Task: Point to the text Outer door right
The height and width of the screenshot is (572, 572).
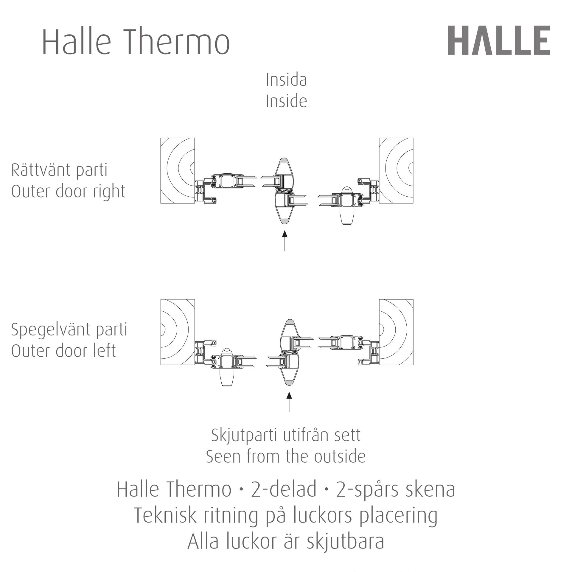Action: pyautogui.click(x=68, y=192)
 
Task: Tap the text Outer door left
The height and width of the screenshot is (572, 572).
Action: pyautogui.click(x=63, y=351)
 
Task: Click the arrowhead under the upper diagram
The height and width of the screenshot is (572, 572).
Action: pyautogui.click(x=285, y=234)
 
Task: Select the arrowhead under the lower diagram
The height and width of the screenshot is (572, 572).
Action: pyautogui.click(x=289, y=395)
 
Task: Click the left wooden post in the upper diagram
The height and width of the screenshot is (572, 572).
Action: pyautogui.click(x=178, y=171)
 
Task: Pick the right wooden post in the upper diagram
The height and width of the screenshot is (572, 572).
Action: pyautogui.click(x=396, y=171)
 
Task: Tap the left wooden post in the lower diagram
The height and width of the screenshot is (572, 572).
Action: pyautogui.click(x=178, y=332)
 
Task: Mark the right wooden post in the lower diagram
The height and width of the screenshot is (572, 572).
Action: pyautogui.click(x=396, y=332)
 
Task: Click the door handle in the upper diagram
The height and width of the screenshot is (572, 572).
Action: pyautogui.click(x=347, y=205)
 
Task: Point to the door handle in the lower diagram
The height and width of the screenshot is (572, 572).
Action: pyautogui.click(x=227, y=367)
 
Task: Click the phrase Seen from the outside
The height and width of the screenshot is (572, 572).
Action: pyautogui.click(x=286, y=457)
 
